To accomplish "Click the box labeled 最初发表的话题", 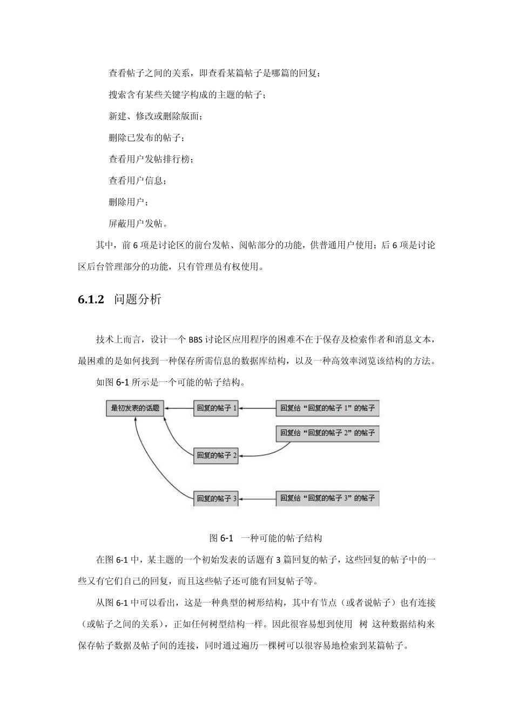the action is tap(135, 408).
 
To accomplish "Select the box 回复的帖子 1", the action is tap(217, 408).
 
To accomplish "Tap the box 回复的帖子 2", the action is tap(217, 455).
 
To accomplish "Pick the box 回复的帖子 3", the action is tap(217, 498).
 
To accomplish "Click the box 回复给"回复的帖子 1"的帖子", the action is tap(327, 408).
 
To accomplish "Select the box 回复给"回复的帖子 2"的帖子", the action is tap(327, 433).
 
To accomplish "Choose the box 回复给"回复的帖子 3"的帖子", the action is tap(327, 498).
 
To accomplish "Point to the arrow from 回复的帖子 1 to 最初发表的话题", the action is tap(179, 409).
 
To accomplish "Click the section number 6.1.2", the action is tap(91, 300).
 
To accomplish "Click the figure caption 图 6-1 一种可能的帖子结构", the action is tap(266, 538).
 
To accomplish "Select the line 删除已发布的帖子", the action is tap(146, 138).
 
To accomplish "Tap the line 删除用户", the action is tap(128, 202).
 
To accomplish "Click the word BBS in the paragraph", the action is tap(195, 340).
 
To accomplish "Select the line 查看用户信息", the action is tap(138, 180).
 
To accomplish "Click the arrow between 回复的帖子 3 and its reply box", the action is tap(258, 499).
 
